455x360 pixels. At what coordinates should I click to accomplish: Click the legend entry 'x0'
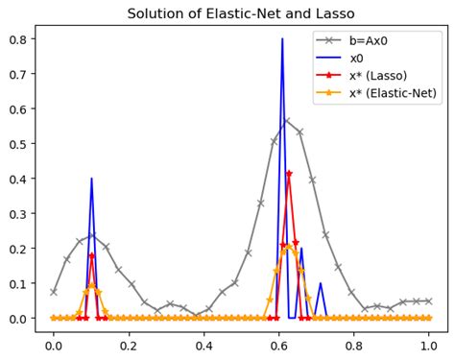[x=359, y=60]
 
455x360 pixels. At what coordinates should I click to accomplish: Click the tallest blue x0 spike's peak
[x=282, y=39]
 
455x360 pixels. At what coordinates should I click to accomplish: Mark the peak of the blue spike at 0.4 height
[x=91, y=179]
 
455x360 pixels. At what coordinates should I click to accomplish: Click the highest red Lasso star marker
[x=289, y=174]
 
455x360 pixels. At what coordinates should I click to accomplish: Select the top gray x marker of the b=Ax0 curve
[x=286, y=121]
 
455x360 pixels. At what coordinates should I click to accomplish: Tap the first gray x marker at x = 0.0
[x=54, y=292]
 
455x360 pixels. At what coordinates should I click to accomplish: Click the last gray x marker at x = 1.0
[x=428, y=300]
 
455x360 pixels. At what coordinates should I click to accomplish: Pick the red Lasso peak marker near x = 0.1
[x=91, y=255]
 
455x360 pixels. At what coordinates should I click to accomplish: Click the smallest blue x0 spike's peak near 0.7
[x=320, y=283]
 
